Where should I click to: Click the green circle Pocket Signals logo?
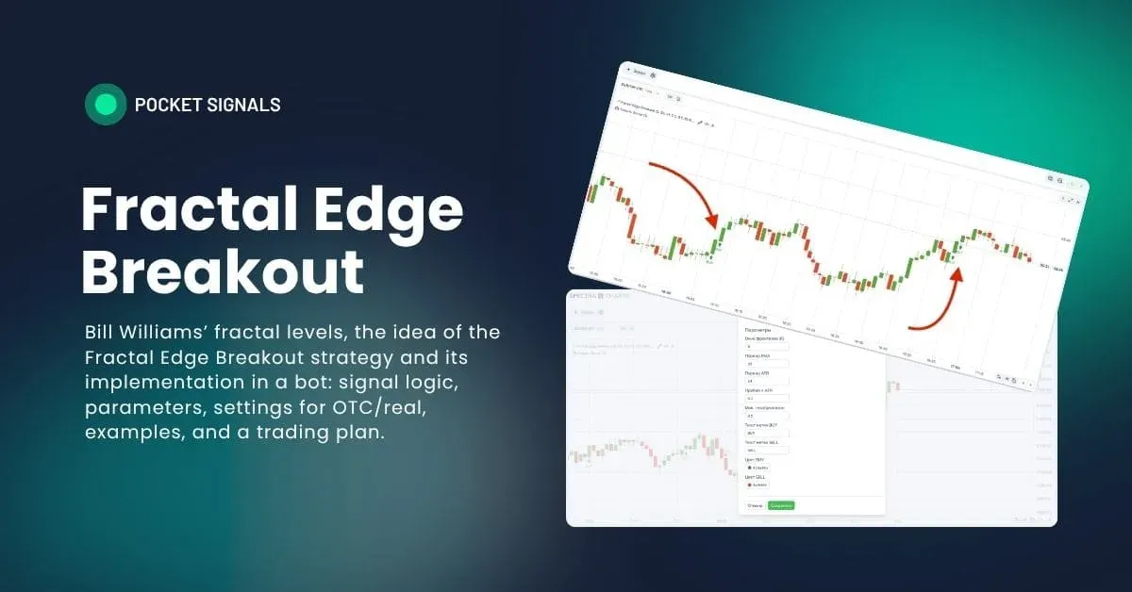[x=105, y=105]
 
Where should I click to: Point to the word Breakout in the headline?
[x=223, y=273]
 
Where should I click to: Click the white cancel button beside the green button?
[x=755, y=505]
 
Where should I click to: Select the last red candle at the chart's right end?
[x=1029, y=258]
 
